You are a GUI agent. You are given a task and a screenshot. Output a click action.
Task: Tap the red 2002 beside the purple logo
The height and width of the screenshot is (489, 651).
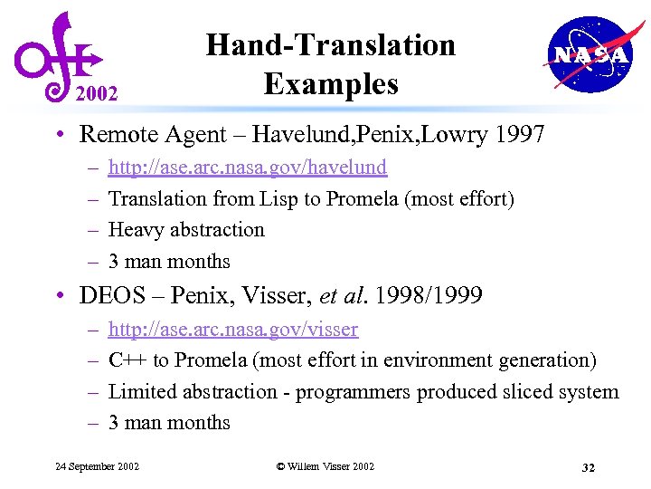click(x=97, y=91)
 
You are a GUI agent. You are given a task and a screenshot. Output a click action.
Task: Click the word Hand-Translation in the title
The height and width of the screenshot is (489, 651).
click(x=330, y=44)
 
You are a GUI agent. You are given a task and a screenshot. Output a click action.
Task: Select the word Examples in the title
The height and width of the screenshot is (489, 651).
click(x=330, y=83)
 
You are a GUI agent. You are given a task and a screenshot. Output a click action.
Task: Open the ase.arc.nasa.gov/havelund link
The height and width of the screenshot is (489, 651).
click(x=247, y=167)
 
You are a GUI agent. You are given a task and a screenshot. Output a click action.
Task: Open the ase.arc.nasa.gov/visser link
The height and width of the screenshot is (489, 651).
click(x=232, y=329)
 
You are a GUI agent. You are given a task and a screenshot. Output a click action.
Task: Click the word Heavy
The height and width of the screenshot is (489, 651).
click(x=136, y=230)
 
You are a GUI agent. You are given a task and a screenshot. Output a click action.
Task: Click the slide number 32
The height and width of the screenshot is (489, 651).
click(x=587, y=467)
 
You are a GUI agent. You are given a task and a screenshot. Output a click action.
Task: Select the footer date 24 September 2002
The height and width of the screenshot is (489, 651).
click(x=97, y=466)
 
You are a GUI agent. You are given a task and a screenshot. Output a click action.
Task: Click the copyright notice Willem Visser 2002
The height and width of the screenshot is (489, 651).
click(x=325, y=466)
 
